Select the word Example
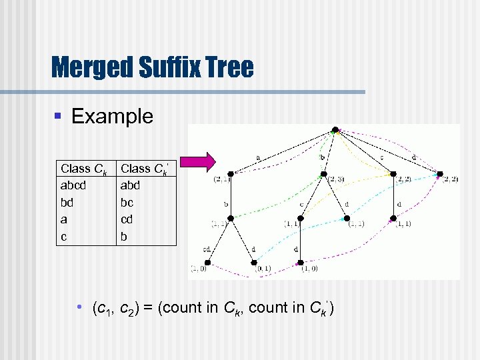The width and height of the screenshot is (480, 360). pos(112,116)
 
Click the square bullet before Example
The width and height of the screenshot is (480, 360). pos(59,117)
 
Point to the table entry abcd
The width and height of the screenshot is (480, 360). pos(73,185)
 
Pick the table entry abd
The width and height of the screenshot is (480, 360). pos(131,185)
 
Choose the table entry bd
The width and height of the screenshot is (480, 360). pos(67,202)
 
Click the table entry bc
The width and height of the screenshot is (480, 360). pos(127,202)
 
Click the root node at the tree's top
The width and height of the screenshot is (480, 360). pos(337,129)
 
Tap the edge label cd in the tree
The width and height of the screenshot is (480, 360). pos(207,249)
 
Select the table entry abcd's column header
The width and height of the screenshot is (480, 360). pos(84,169)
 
